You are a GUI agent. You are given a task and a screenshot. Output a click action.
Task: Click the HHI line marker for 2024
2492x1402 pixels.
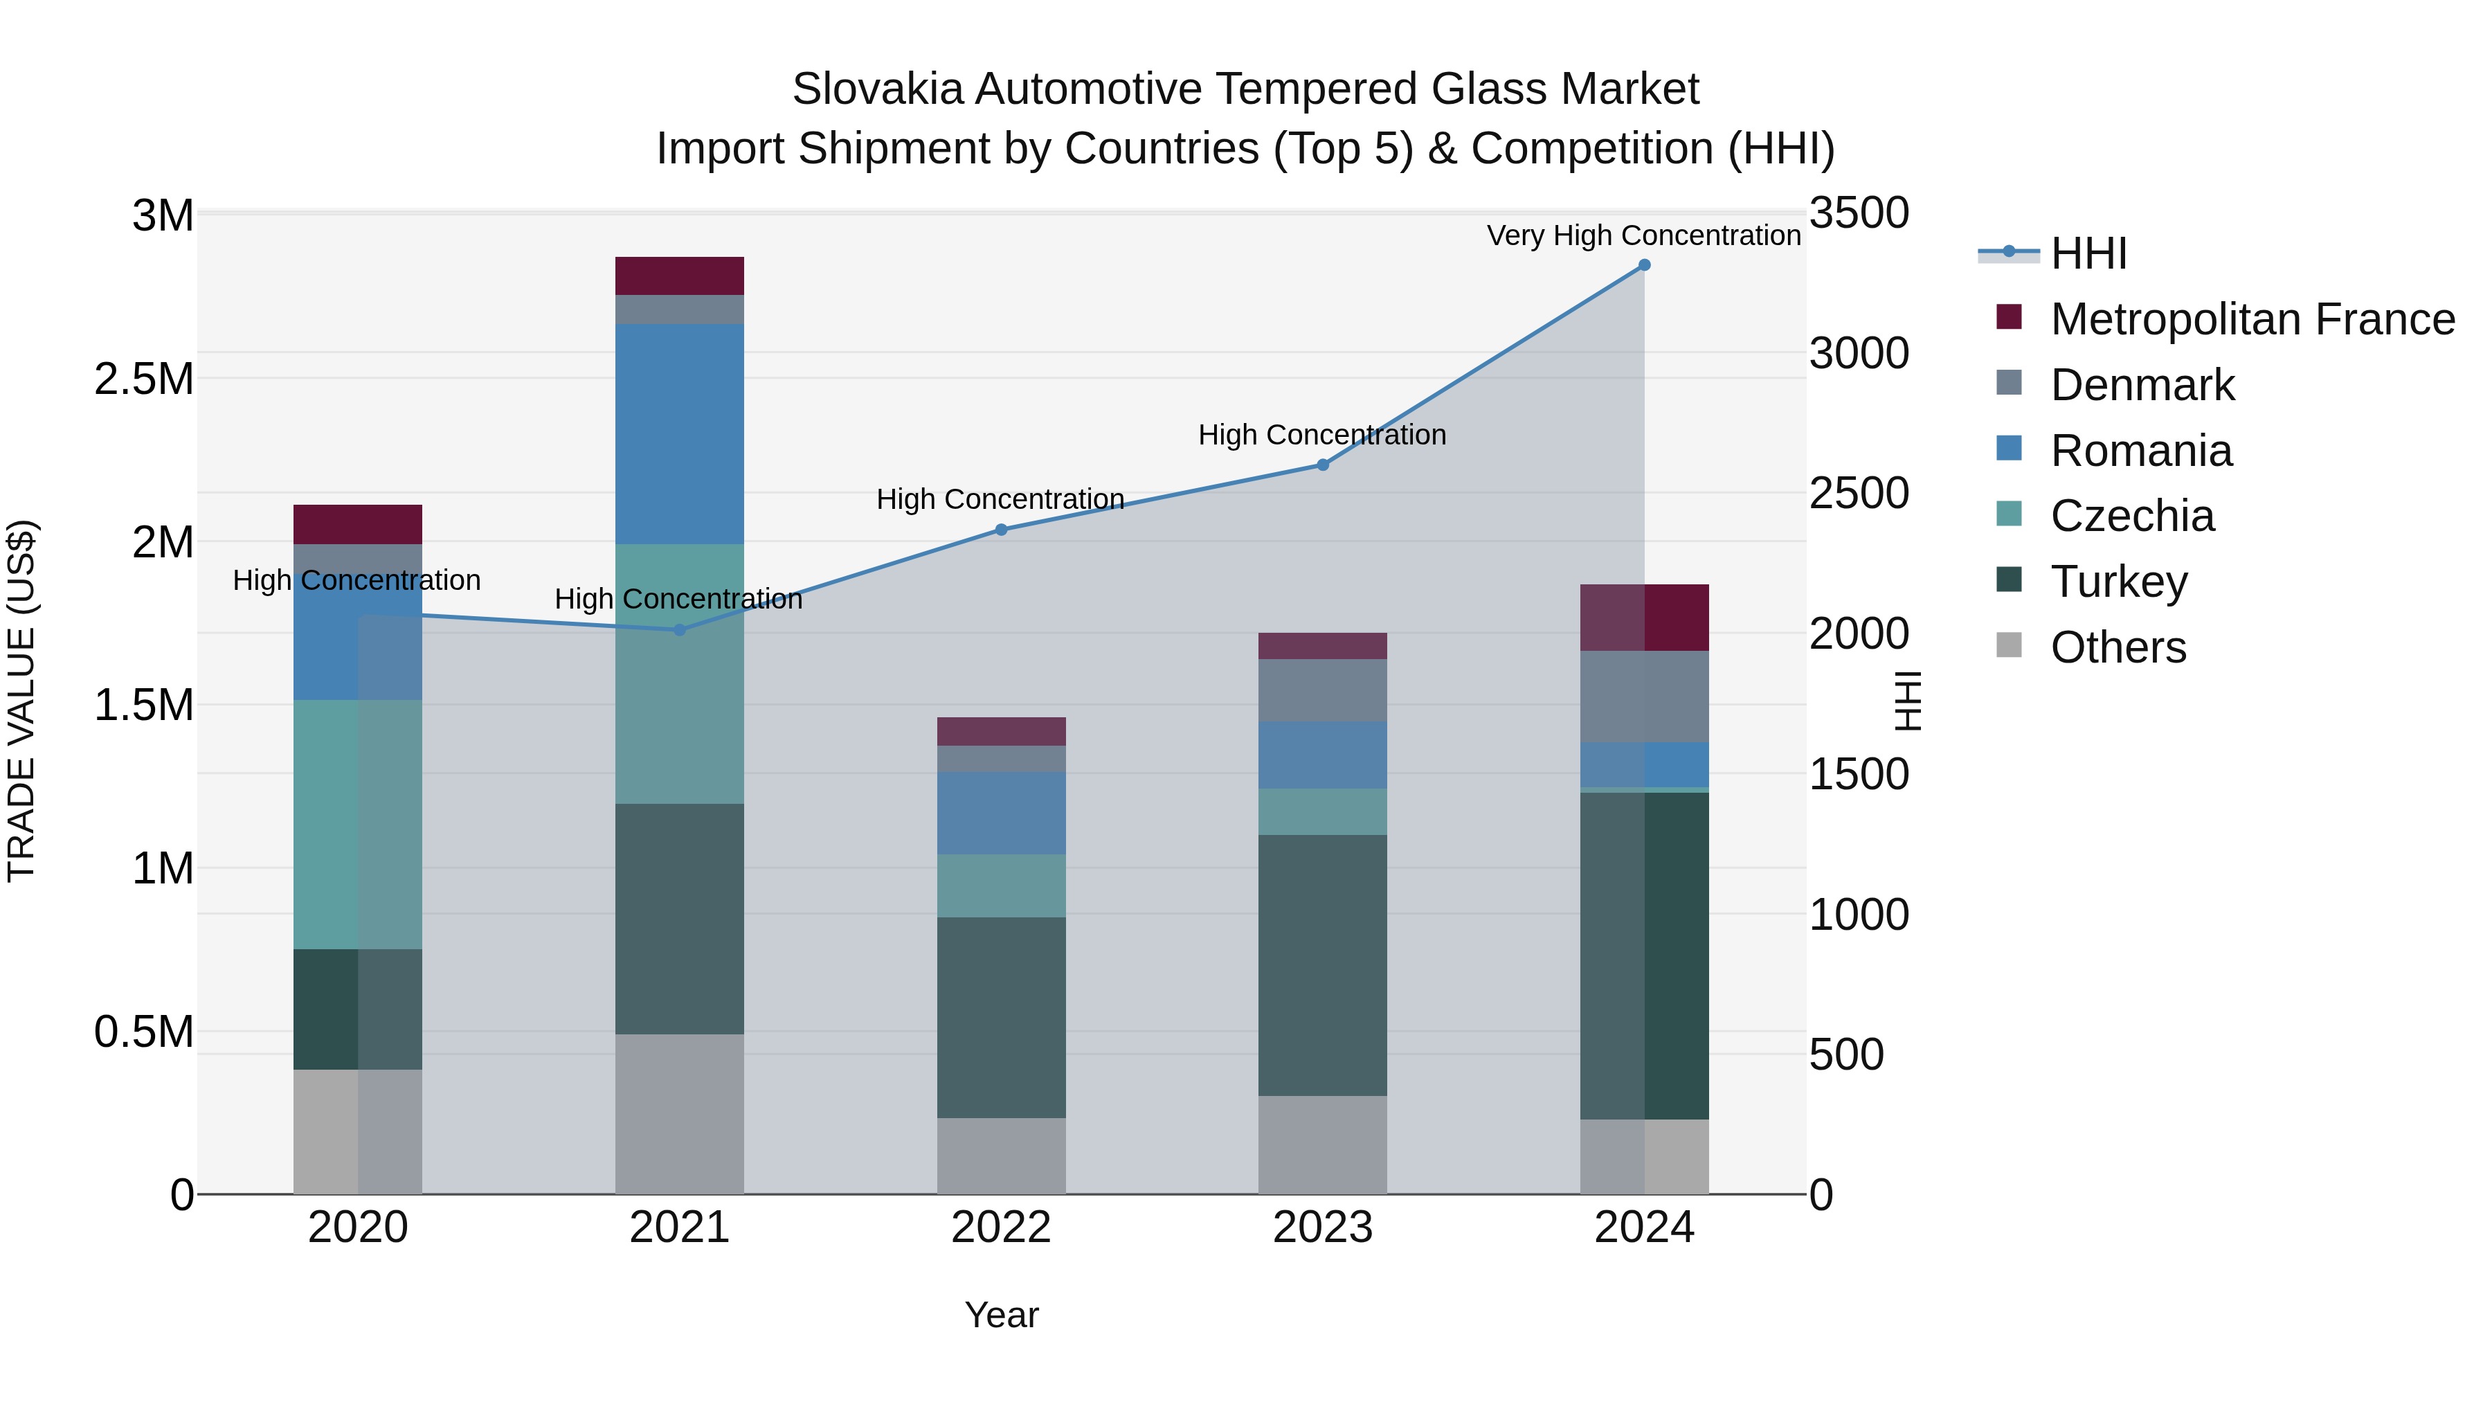[x=1645, y=265]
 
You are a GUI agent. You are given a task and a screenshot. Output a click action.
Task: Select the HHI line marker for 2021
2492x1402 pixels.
[x=679, y=630]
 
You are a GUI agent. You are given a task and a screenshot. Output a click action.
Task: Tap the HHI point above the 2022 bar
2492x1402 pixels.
[x=1001, y=529]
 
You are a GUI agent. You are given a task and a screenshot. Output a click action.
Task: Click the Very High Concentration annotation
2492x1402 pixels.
[x=1643, y=236]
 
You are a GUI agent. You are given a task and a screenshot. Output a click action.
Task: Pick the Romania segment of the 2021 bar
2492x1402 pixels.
[x=679, y=433]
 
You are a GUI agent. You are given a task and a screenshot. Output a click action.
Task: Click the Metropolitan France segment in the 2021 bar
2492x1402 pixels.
[x=679, y=276]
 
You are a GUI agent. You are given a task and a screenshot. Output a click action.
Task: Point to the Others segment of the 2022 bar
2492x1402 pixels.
[x=1001, y=1156]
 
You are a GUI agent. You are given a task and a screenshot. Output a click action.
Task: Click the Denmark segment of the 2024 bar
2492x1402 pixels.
[x=1645, y=696]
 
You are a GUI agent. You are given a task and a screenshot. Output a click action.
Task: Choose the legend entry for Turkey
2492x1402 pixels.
[x=2119, y=582]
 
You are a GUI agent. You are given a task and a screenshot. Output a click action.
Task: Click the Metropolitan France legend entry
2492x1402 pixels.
[x=2252, y=319]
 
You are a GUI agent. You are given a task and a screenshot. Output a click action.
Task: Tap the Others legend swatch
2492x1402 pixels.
[x=2010, y=645]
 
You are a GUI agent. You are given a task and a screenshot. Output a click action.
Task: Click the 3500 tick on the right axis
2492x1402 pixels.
[x=1859, y=213]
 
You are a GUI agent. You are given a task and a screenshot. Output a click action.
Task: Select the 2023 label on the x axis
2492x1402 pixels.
[x=1322, y=1228]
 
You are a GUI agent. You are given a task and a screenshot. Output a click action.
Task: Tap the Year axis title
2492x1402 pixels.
[x=1001, y=1315]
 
